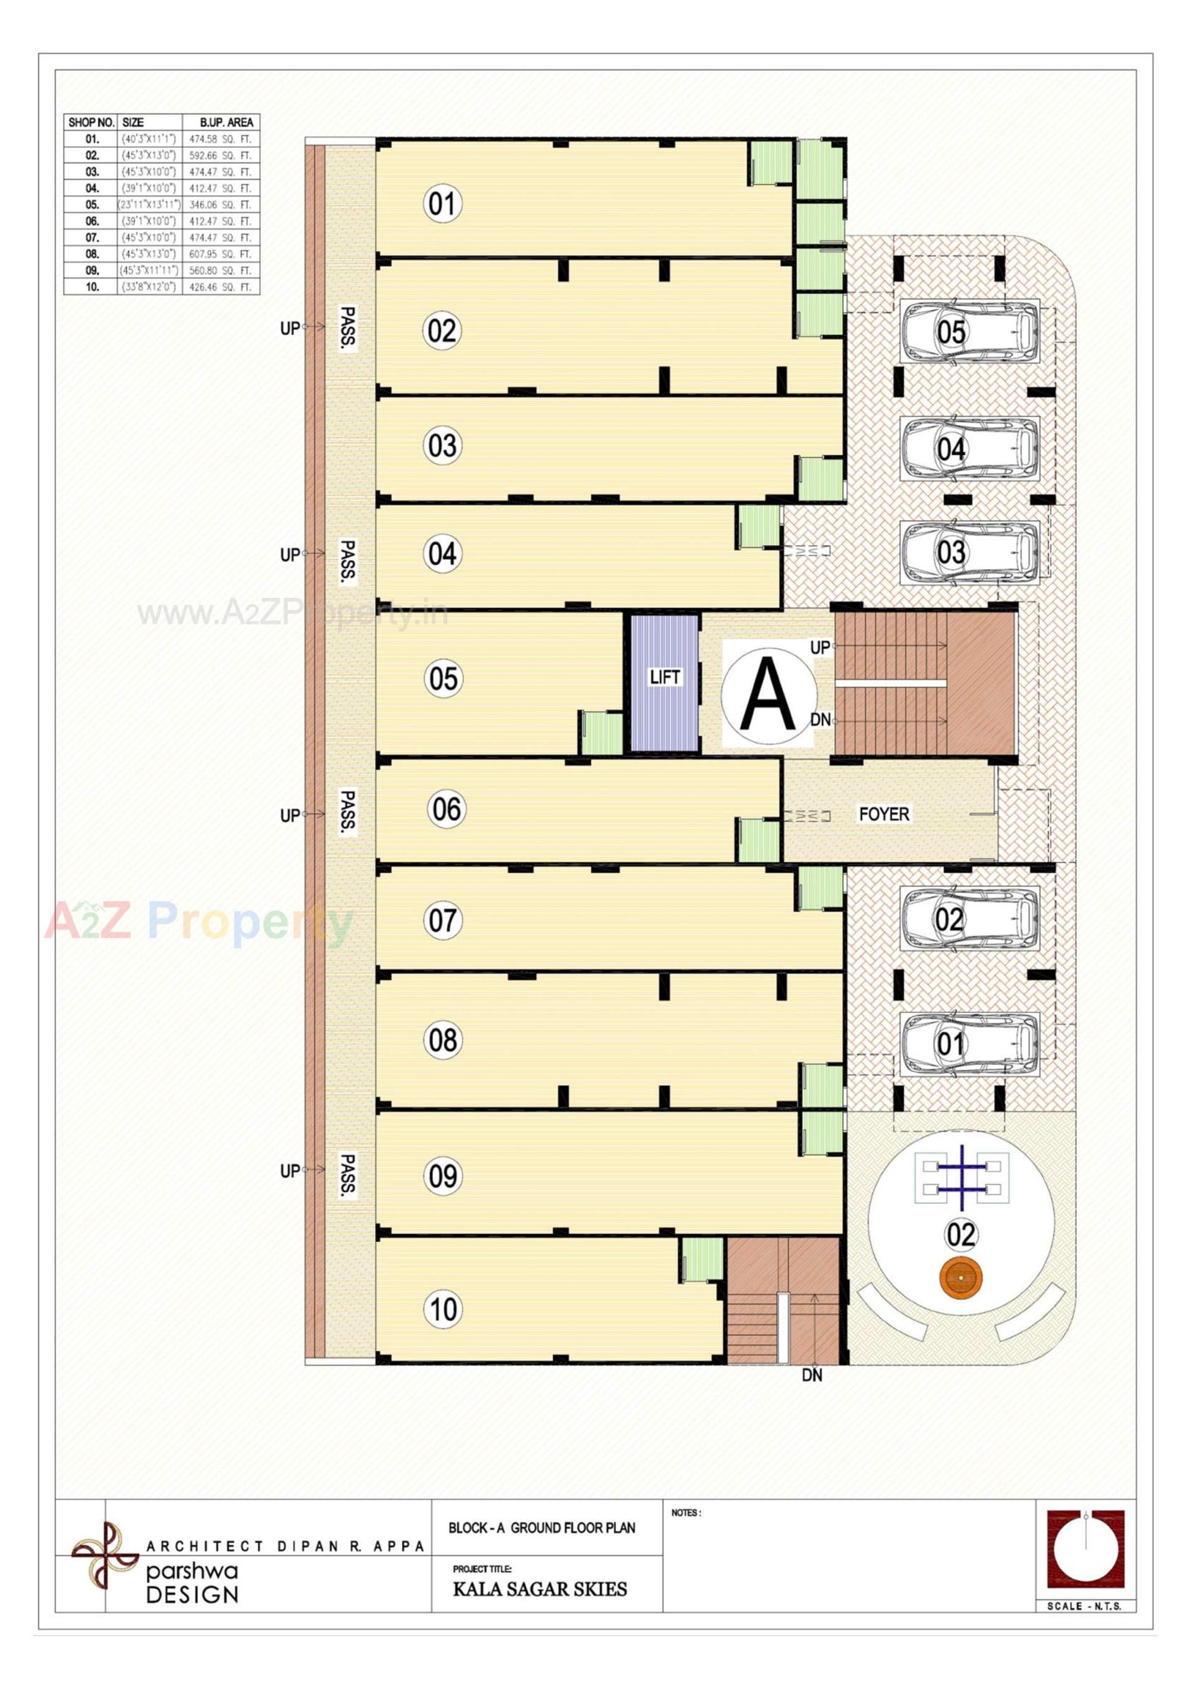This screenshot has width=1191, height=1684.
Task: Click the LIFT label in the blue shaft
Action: click(x=664, y=677)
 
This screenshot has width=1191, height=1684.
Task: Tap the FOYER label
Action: click(x=884, y=814)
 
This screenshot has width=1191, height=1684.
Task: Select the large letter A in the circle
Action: click(x=768, y=694)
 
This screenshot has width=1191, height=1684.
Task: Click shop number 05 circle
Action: click(x=443, y=679)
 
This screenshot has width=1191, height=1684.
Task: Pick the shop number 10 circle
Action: click(x=443, y=1309)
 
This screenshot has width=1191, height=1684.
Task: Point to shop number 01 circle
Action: click(x=442, y=203)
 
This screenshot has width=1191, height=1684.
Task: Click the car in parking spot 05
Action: click(x=970, y=331)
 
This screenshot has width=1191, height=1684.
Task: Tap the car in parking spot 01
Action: click(x=970, y=1044)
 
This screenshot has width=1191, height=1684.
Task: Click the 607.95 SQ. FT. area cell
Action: click(x=220, y=254)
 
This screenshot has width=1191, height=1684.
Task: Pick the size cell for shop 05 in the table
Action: click(x=149, y=205)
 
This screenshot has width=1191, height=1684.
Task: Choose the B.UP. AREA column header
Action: click(x=226, y=122)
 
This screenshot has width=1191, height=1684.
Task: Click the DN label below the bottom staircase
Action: click(x=812, y=1375)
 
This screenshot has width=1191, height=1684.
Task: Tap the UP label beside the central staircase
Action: click(x=820, y=648)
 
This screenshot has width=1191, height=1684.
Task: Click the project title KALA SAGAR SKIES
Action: click(x=540, y=1589)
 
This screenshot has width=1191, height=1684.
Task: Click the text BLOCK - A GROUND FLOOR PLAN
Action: click(x=542, y=1528)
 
